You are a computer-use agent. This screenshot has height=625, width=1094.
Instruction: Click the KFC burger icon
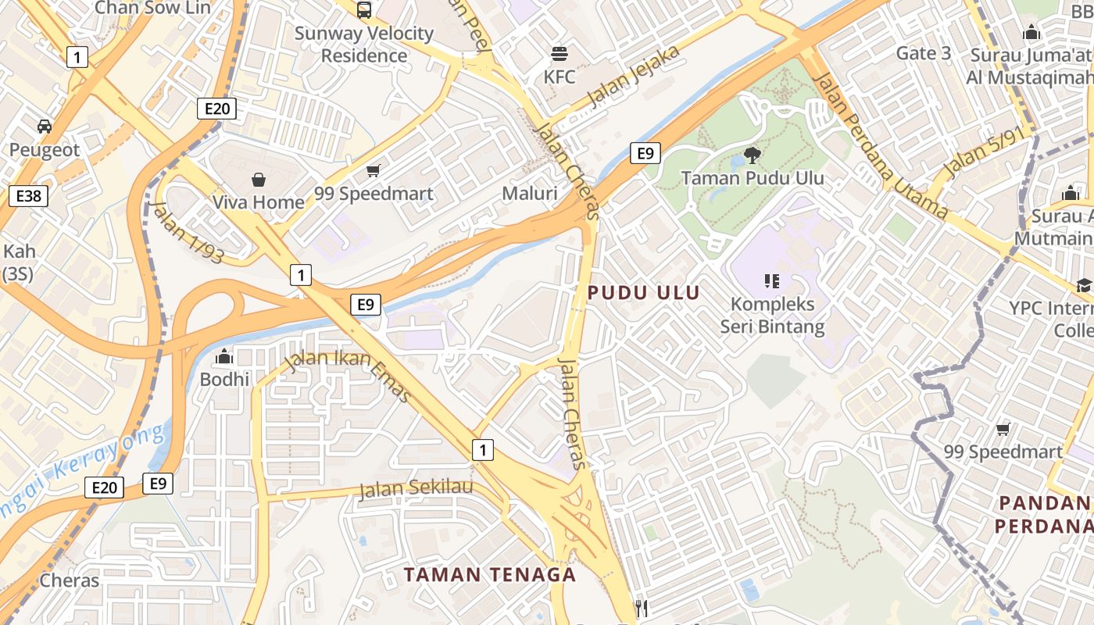(x=559, y=54)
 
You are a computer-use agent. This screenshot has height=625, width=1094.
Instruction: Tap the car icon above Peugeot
(x=45, y=127)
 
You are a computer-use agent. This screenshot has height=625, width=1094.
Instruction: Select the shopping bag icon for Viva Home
(x=259, y=180)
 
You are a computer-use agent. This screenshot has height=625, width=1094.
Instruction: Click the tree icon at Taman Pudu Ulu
(x=753, y=155)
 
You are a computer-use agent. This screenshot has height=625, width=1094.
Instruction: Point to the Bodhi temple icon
(x=224, y=357)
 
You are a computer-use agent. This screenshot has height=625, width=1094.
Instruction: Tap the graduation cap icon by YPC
(x=1084, y=286)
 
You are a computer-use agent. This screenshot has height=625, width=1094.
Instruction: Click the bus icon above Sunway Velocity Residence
(x=364, y=10)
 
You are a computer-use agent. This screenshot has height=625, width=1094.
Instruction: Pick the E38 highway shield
(x=28, y=195)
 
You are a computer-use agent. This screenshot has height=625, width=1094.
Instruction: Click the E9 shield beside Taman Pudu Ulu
(x=645, y=153)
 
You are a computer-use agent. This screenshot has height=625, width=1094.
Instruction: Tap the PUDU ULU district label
(x=644, y=292)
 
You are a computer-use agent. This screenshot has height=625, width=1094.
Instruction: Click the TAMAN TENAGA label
(x=490, y=575)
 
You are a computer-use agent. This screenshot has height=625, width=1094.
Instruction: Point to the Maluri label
(x=530, y=193)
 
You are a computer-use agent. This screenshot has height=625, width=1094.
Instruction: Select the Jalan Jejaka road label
(x=634, y=75)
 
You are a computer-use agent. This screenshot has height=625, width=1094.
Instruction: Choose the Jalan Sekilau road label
(x=417, y=489)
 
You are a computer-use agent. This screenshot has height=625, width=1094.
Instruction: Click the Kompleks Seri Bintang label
(x=772, y=315)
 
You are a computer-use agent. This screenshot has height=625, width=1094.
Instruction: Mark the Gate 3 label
(x=924, y=53)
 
